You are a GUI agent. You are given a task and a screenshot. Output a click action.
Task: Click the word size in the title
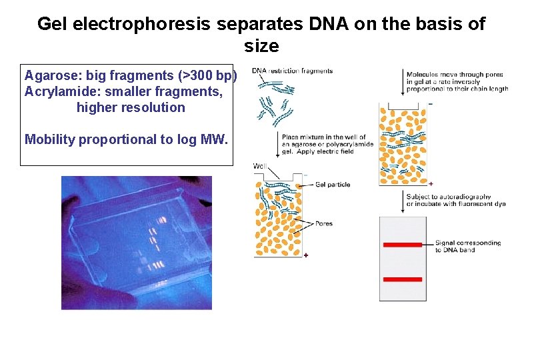261,47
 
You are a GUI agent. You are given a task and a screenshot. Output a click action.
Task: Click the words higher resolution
131,107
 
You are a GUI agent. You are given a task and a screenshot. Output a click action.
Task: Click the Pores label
323,224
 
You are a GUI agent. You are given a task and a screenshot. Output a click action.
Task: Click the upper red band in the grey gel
403,245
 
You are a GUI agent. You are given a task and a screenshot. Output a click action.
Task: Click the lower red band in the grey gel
403,279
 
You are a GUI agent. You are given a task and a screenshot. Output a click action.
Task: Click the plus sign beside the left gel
306,255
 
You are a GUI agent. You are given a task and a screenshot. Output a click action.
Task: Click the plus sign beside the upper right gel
431,183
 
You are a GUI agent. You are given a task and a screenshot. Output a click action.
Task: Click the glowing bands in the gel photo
153,237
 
